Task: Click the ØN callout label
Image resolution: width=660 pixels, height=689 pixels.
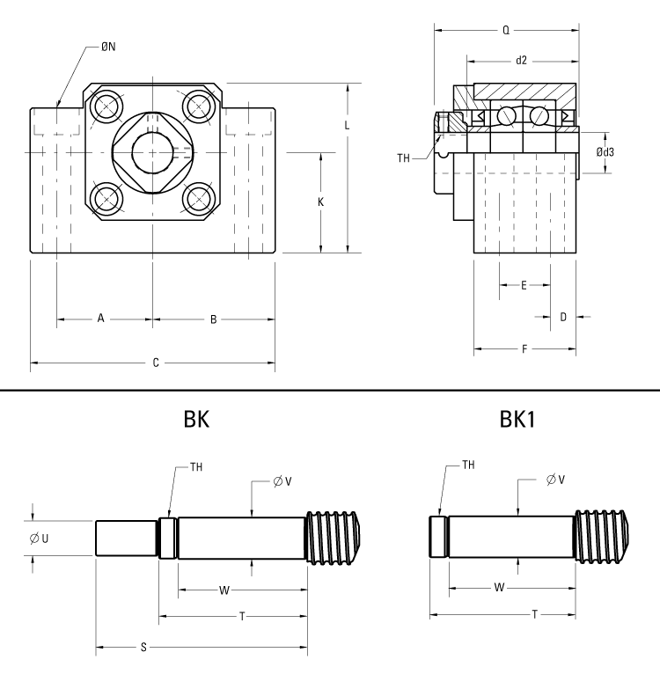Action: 108,47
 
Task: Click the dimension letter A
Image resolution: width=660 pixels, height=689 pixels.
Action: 101,319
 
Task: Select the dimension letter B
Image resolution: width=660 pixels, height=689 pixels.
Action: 213,319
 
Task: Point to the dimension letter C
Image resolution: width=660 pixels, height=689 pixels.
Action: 156,363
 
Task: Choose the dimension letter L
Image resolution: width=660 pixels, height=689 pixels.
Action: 348,126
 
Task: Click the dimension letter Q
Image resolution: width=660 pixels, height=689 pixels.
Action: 505,29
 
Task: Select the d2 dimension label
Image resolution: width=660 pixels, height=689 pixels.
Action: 521,61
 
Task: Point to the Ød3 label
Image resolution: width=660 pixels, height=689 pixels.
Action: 605,151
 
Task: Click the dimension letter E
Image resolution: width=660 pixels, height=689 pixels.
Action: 524,285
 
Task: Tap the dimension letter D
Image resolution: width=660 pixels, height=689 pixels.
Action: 563,317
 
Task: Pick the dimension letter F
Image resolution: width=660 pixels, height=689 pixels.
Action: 524,349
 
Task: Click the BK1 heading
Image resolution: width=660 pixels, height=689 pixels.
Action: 518,420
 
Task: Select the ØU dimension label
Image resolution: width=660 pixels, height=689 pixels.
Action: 38,538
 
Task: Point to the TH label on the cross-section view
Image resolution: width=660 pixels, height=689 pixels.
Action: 404,158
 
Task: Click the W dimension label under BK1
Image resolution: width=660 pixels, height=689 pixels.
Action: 500,586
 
